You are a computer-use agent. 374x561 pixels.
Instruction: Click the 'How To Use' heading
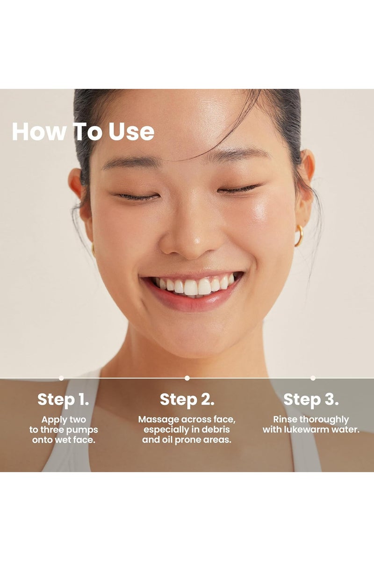click(83, 132)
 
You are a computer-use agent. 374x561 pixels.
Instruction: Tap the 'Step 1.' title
click(64, 400)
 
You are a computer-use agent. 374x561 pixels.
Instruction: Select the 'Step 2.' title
click(187, 400)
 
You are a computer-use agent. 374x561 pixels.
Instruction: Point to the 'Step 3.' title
click(311, 400)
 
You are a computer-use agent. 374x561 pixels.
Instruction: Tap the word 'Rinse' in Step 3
click(285, 419)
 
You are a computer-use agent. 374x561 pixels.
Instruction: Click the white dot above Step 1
click(61, 378)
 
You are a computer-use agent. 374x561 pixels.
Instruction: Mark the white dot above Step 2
click(187, 378)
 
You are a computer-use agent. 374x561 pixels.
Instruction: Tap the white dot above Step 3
click(313, 378)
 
